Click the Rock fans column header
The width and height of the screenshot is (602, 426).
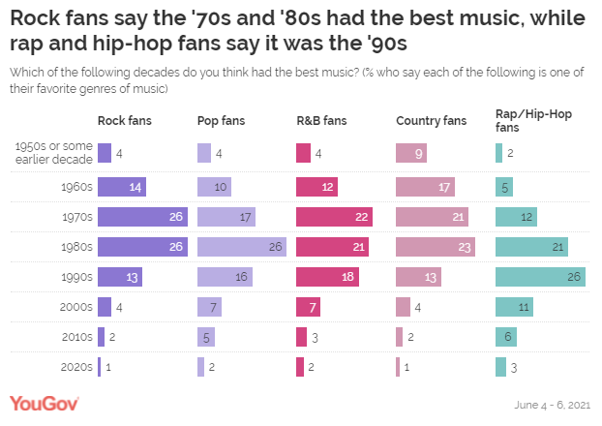click(125, 121)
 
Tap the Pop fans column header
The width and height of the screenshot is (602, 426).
click(222, 121)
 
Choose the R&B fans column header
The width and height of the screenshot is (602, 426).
click(322, 121)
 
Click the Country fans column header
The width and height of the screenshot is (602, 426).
click(431, 121)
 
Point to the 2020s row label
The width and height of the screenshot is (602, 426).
click(76, 367)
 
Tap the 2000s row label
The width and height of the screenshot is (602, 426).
click(76, 307)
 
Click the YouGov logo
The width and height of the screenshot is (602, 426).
click(44, 403)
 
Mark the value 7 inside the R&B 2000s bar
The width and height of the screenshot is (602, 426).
click(313, 307)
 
